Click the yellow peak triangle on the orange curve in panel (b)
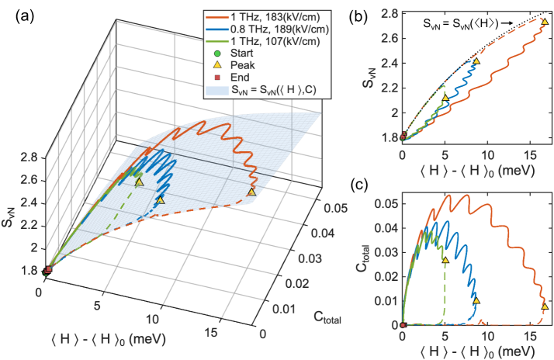[x=544, y=22]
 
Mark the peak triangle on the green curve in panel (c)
[x=445, y=260]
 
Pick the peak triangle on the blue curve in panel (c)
[x=476, y=300]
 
